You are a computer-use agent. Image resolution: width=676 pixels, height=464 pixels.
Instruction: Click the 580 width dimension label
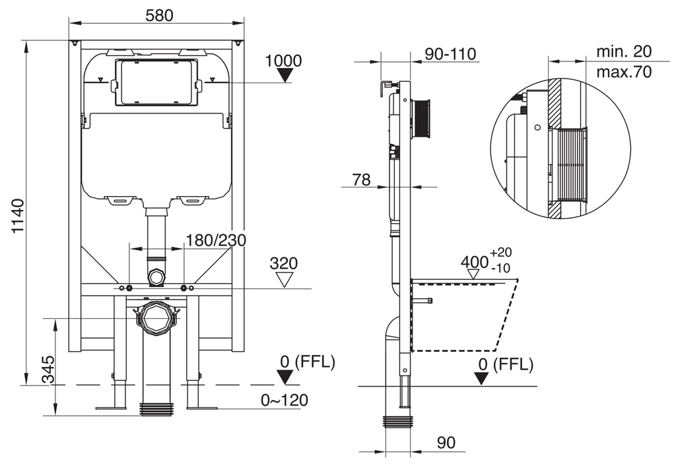(x=159, y=16)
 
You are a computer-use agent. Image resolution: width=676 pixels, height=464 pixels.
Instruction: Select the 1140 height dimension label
(x=18, y=216)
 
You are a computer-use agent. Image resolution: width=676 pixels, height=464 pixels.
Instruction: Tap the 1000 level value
(x=283, y=61)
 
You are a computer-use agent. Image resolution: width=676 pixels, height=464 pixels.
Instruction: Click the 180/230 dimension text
(x=216, y=240)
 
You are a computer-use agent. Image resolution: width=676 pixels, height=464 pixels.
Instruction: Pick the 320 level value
(x=284, y=263)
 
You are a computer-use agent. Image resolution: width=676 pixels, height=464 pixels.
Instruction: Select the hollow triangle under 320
(x=284, y=279)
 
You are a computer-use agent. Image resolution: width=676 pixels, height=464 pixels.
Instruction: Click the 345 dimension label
(x=49, y=370)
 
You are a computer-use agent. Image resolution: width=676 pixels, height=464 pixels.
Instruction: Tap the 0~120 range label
(x=285, y=400)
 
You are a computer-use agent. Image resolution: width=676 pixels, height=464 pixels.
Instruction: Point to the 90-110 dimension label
(x=450, y=54)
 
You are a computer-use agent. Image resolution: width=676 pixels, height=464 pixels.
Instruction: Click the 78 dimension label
(x=361, y=180)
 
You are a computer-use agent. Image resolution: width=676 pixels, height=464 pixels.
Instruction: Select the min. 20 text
(x=624, y=51)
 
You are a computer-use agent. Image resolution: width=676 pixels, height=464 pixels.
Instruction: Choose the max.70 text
(x=624, y=72)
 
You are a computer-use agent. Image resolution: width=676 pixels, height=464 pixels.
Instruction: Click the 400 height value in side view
(x=475, y=262)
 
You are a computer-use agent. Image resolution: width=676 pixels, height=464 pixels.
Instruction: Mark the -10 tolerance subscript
(x=500, y=268)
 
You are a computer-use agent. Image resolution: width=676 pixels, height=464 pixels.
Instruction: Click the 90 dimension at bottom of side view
(x=446, y=443)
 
